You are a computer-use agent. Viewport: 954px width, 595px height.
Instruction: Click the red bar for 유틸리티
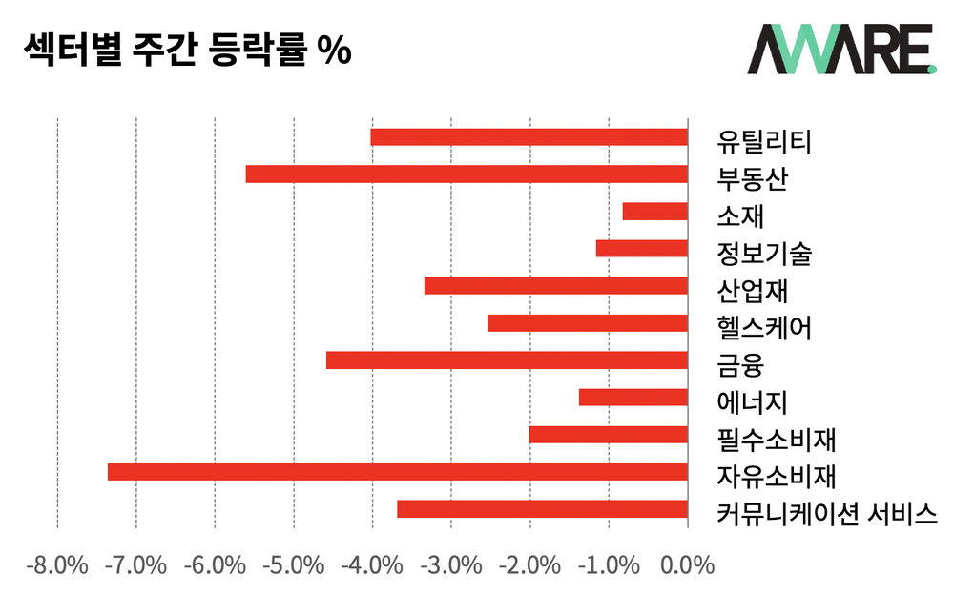click(x=529, y=137)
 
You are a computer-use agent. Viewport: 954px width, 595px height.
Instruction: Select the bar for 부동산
click(x=467, y=174)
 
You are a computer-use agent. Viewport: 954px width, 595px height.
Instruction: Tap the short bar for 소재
click(x=654, y=212)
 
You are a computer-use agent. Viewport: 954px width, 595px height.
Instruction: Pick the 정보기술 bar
click(x=641, y=249)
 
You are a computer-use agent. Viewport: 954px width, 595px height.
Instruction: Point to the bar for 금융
click(x=507, y=360)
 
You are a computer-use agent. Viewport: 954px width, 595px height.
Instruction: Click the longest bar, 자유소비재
click(x=398, y=472)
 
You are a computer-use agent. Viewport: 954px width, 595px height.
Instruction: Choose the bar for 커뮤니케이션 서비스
click(x=542, y=509)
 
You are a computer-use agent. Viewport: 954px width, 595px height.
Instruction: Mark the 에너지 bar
click(x=633, y=398)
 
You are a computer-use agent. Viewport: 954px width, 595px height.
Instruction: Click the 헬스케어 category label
click(x=764, y=329)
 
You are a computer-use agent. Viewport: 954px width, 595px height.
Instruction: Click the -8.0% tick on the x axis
click(x=57, y=564)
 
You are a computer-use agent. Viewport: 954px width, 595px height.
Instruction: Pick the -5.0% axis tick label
click(x=294, y=564)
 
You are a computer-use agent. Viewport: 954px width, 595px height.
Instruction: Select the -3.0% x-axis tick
click(x=451, y=564)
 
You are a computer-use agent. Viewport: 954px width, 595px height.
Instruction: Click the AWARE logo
click(x=840, y=50)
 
